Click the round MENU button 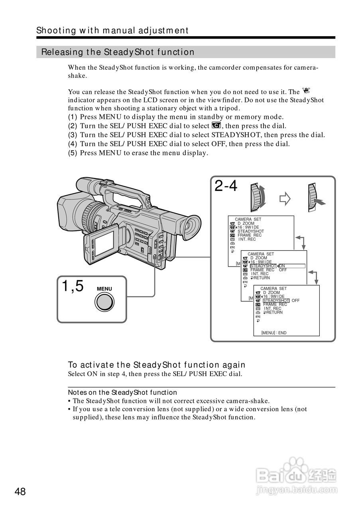click(104, 302)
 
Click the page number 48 click(20, 492)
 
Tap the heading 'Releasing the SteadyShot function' click(118, 52)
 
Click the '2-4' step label click(226, 186)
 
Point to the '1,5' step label click(73, 286)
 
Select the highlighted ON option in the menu click(282, 266)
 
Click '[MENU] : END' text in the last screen click(274, 333)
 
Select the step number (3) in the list click(73, 135)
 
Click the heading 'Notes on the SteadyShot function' click(122, 392)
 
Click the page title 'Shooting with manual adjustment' click(112, 30)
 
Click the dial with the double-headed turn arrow click(258, 197)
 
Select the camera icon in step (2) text click(216, 126)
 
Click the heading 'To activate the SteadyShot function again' click(157, 365)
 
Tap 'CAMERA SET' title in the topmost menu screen click(248, 219)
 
